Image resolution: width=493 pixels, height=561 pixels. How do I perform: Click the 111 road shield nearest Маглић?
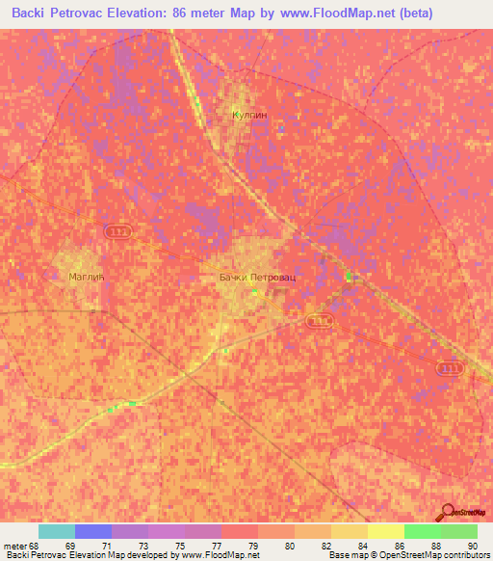(117, 232)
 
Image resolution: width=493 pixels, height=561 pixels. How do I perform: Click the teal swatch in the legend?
(57, 531)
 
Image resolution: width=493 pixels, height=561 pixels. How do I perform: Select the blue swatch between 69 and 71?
(93, 531)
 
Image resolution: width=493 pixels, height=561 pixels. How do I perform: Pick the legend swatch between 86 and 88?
(422, 531)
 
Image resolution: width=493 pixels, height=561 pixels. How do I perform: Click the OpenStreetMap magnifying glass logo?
(447, 512)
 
